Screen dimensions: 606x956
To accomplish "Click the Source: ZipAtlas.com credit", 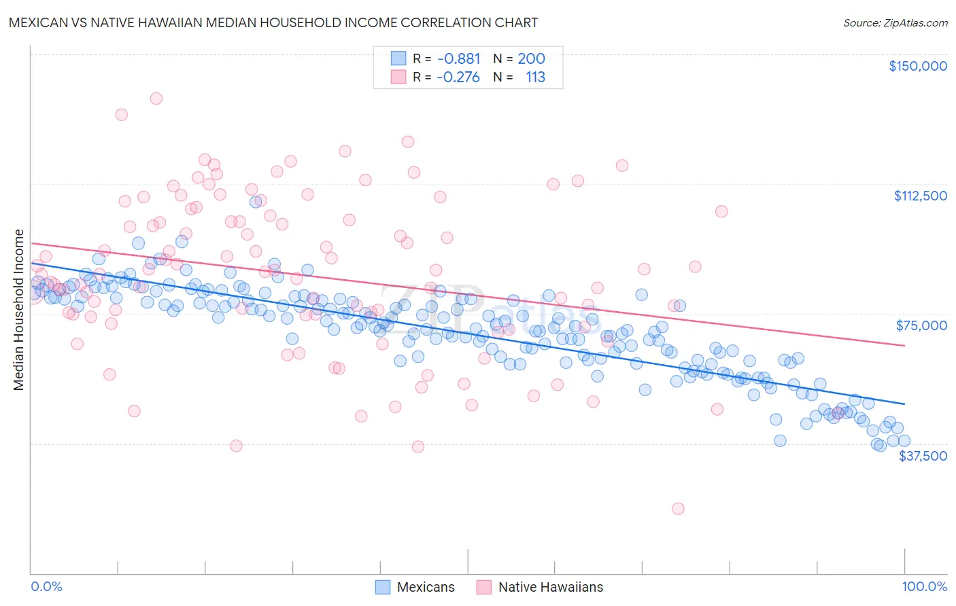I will [895, 22].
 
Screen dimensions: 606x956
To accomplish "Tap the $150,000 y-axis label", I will [917, 66].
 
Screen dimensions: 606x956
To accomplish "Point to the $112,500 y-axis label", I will [920, 196].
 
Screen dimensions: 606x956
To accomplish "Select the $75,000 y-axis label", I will [921, 325].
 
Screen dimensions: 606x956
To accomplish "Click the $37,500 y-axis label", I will [922, 456].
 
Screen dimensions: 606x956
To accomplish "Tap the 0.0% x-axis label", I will [46, 586].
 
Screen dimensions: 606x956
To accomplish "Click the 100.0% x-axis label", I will [924, 586].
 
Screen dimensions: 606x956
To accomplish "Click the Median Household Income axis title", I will [18, 310].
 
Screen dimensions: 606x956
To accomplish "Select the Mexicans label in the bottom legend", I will [426, 587].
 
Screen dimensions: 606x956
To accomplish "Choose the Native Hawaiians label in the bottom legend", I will [550, 587].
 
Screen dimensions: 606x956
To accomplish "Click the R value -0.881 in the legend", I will [458, 59].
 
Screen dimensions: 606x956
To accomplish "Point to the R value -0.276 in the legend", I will [458, 77].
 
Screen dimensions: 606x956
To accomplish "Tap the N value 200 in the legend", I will [531, 59].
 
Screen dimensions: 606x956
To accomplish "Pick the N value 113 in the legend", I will [535, 77].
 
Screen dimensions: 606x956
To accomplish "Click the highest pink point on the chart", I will [156, 99].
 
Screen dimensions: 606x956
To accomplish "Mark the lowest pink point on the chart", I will [678, 508].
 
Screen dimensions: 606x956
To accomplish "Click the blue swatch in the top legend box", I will [398, 59].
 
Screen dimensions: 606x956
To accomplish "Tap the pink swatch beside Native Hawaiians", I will [483, 587].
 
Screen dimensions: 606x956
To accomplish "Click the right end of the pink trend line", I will [904, 346].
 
